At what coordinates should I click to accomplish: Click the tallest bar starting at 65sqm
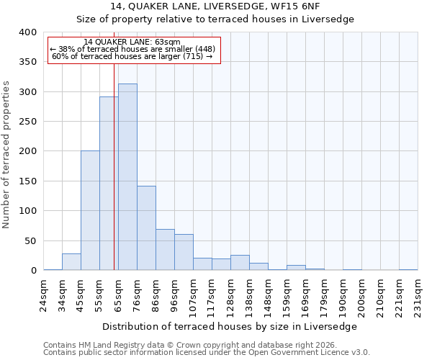click(127, 177)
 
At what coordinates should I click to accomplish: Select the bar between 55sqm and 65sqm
click(109, 184)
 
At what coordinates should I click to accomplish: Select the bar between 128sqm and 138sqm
click(240, 263)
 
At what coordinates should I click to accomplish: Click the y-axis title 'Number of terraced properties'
click(6, 154)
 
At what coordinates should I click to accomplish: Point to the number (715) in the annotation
click(192, 56)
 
